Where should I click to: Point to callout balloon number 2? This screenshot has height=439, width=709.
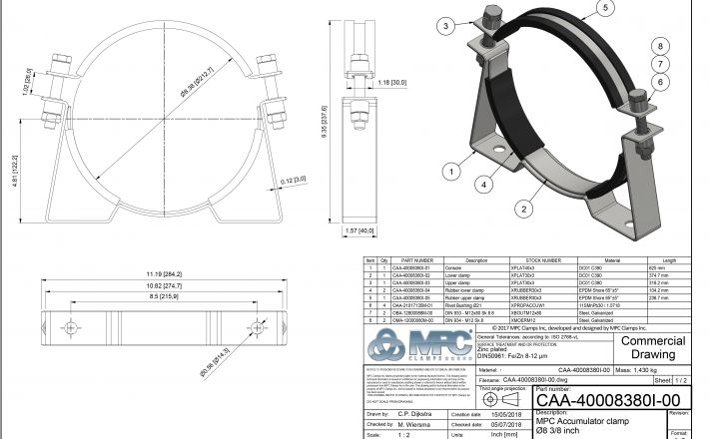pos(523,208)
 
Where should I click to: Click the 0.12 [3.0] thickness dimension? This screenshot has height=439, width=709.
pos(295,181)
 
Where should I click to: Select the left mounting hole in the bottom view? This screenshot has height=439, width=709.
pos(69,325)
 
